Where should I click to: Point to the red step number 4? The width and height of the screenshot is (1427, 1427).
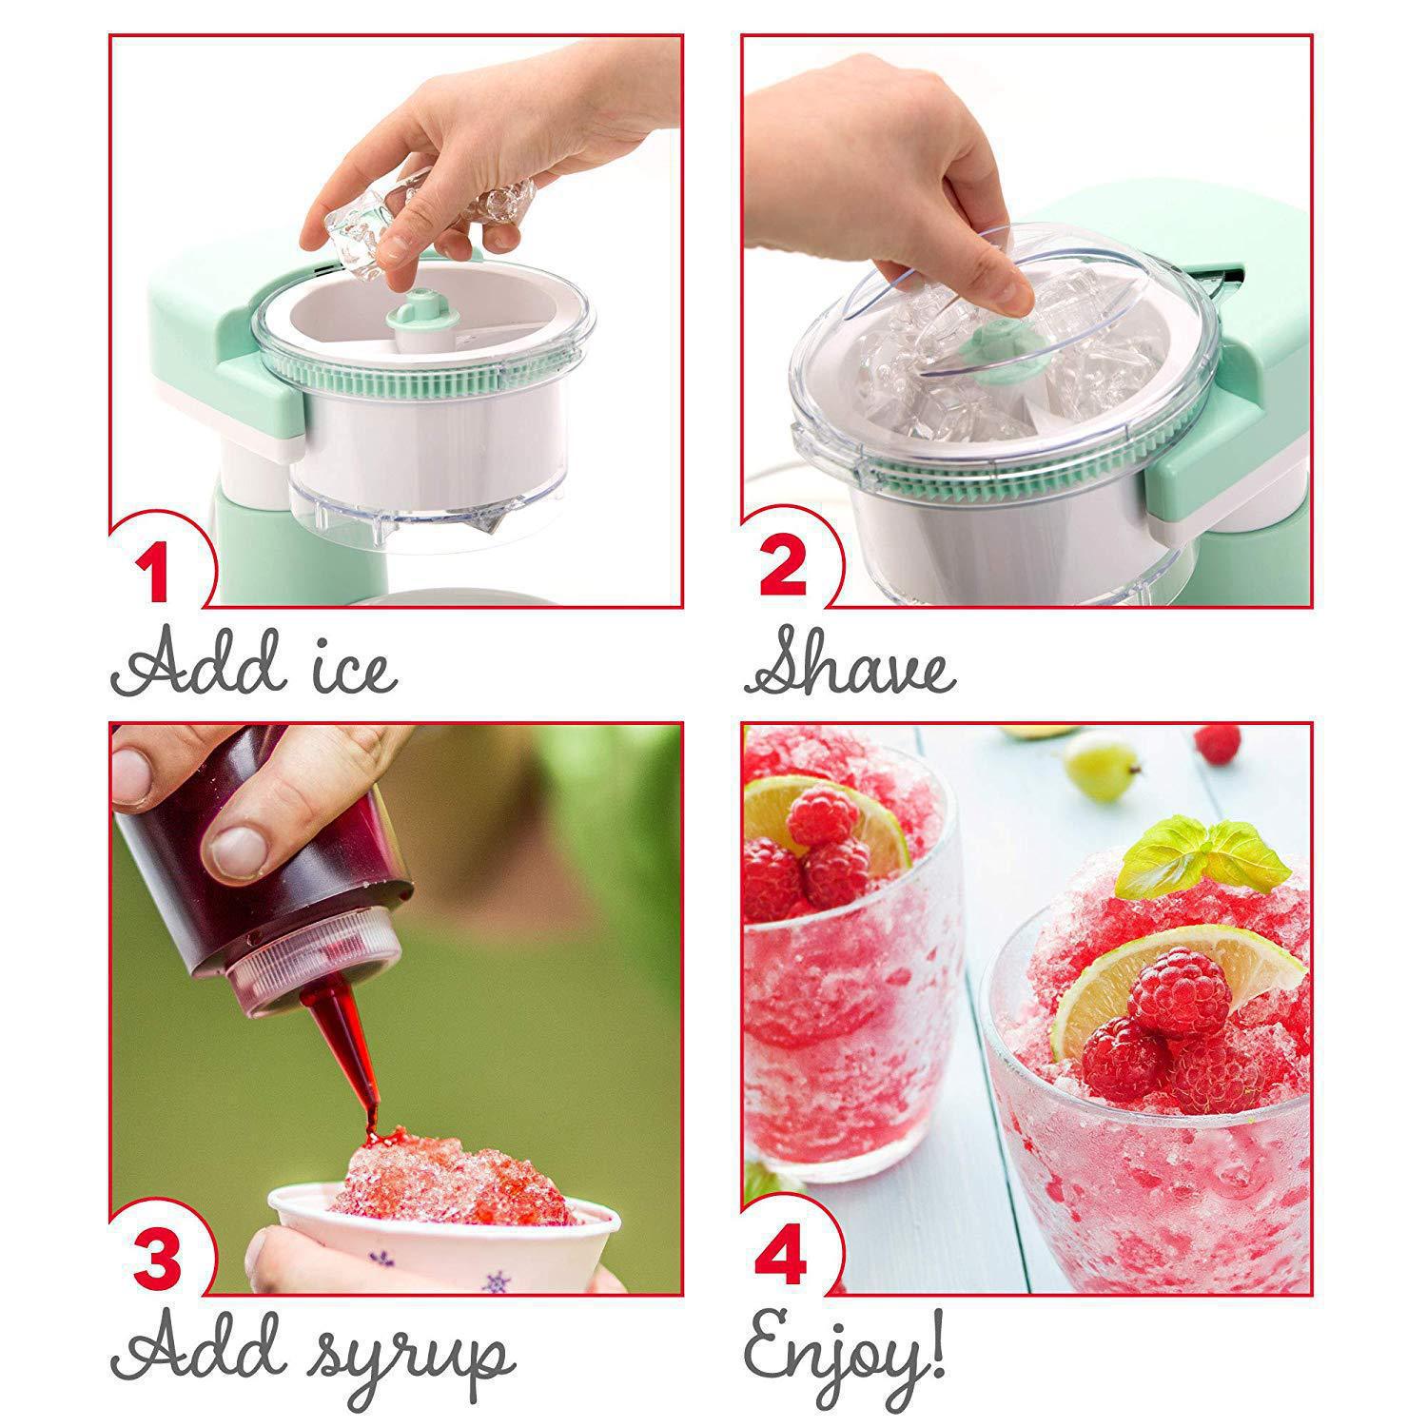(x=782, y=1250)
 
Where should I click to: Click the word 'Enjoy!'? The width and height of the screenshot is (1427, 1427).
(x=844, y=1349)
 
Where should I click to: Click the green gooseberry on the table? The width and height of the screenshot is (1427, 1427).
(x=1102, y=767)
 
